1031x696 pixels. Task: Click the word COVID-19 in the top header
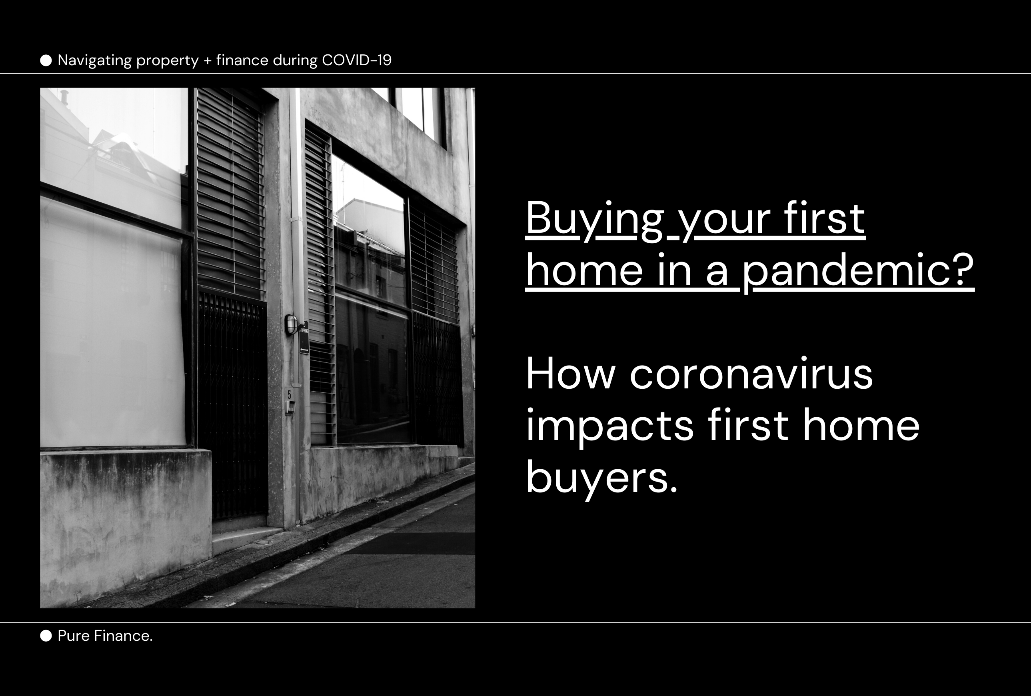point(357,60)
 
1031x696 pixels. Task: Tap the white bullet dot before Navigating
point(46,60)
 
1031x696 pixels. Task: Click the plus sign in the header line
point(207,61)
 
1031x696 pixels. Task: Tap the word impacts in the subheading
point(609,426)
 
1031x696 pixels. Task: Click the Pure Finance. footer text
point(105,636)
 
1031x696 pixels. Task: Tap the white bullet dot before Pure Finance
point(46,636)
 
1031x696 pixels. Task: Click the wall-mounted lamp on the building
point(291,324)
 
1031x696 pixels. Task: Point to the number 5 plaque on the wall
point(289,394)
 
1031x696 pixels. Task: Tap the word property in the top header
point(167,61)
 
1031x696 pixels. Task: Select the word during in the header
point(295,61)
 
